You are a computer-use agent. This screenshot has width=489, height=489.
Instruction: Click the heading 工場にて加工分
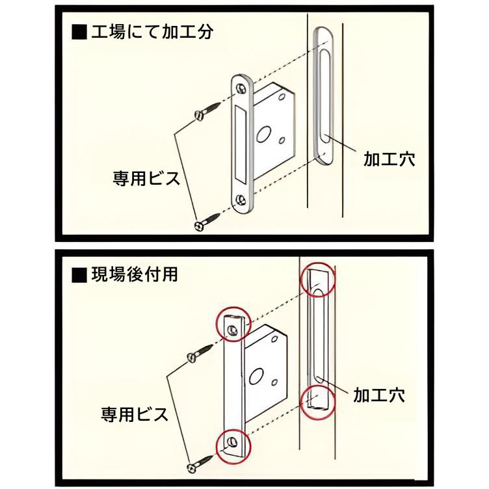point(150,33)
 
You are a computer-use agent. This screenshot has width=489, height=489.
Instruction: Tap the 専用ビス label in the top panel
point(146,178)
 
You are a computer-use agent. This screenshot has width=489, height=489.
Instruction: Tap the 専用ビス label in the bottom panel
point(135,414)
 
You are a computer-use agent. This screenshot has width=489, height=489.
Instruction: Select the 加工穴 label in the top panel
point(388,158)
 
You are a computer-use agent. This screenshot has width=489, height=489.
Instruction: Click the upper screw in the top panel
point(205,112)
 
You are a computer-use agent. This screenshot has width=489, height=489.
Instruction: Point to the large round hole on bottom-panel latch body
point(256,376)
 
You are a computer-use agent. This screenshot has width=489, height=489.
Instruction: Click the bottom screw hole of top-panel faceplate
point(242,200)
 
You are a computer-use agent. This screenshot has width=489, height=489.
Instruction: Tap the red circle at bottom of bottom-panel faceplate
point(232,444)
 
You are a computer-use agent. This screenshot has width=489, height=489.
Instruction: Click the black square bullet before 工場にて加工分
point(79,33)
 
